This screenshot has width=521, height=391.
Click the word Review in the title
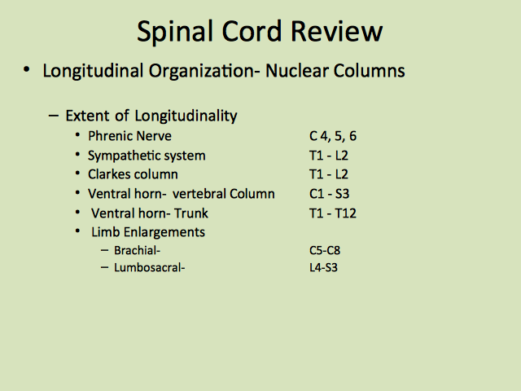point(336,31)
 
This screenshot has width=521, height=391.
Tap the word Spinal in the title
point(175,33)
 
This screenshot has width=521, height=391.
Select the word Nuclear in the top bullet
point(296,71)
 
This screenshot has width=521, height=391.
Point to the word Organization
point(202,71)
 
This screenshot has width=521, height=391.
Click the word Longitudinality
point(186,116)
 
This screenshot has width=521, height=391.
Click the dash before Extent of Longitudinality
point(54,116)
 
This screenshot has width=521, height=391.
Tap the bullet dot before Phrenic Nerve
point(77,135)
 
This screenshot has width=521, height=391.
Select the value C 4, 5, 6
point(333,136)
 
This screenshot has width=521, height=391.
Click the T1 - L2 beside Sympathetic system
point(329,156)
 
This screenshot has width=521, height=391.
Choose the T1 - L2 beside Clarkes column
point(329,174)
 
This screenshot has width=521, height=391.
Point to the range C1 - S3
point(329,194)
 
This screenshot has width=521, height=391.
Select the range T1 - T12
point(333,213)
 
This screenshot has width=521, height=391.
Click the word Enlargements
point(164,232)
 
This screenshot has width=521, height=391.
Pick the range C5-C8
point(325,250)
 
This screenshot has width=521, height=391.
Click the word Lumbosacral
point(147,267)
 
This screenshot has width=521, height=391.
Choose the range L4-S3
point(323,267)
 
